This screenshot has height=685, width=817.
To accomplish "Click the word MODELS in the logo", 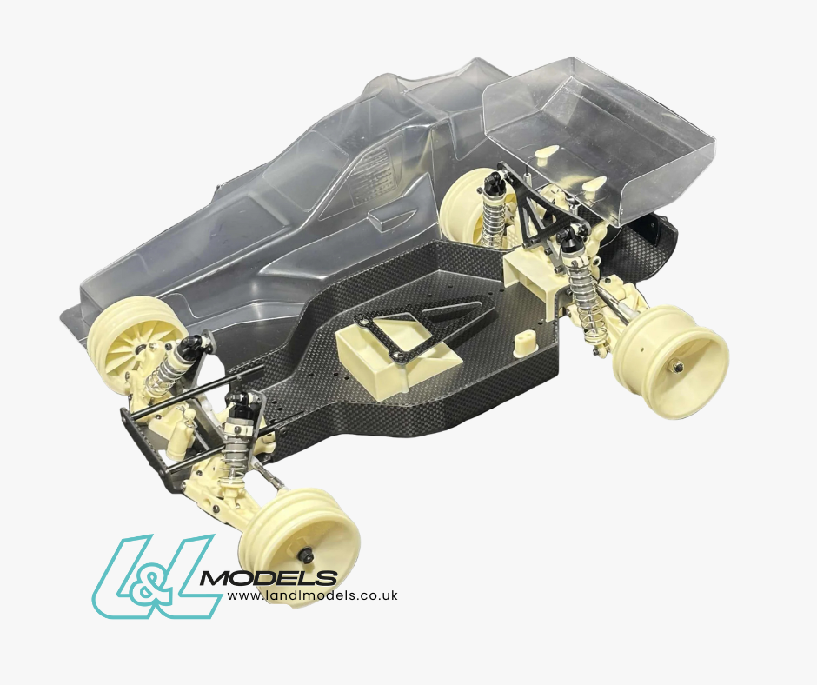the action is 269,578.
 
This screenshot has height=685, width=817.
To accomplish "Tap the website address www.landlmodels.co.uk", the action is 313,595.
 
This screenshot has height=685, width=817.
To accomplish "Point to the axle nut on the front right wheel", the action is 309,556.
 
